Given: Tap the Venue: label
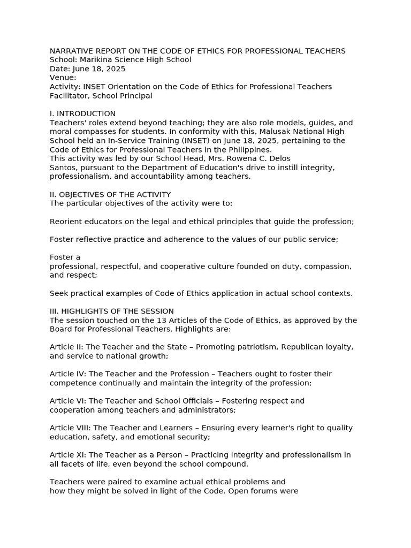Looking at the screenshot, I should tap(63, 78).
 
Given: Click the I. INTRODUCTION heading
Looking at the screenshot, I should tap(82, 113).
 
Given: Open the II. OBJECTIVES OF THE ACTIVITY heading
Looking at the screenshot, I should tap(110, 194).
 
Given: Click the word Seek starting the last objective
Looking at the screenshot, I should tap(58, 293).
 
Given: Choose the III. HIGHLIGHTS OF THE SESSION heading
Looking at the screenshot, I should tap(112, 311).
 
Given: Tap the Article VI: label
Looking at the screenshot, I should tap(68, 401).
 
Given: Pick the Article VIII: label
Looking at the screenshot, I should tap(70, 428).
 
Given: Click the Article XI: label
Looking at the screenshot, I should tap(68, 455).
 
